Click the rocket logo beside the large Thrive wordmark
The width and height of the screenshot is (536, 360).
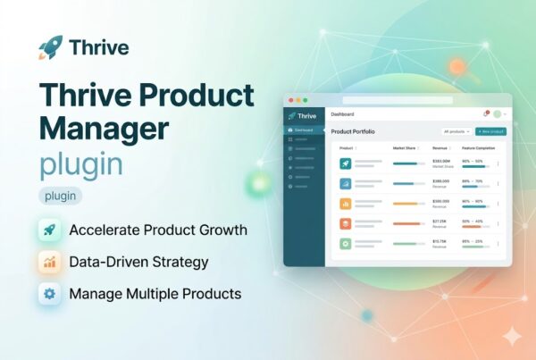(51, 47)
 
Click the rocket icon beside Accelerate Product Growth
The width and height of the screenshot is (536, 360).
(50, 230)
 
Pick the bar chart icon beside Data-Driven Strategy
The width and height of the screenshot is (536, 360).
(50, 262)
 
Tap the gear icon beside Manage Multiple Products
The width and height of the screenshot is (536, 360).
(50, 293)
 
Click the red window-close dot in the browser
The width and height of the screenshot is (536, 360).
(290, 100)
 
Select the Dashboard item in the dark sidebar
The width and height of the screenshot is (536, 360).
(304, 131)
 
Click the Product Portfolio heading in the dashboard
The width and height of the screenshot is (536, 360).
(353, 131)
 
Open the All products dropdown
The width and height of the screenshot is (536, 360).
(456, 131)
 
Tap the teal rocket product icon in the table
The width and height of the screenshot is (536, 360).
(345, 163)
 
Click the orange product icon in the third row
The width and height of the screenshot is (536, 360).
(345, 203)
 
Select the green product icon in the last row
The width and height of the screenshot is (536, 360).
(345, 243)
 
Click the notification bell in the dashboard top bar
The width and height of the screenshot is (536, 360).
(485, 114)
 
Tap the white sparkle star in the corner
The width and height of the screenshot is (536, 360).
(512, 337)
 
